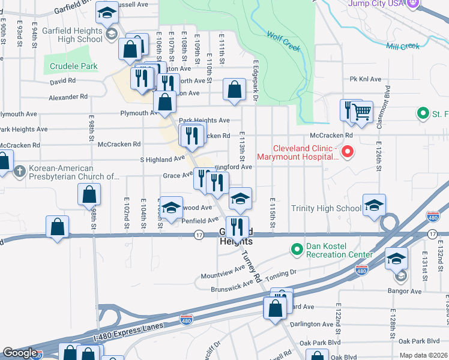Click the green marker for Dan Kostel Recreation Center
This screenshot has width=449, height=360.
(296, 248)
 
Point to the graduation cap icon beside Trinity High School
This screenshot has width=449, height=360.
(374, 205)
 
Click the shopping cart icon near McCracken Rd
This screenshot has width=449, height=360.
(361, 111)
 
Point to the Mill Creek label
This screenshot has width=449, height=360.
(403, 46)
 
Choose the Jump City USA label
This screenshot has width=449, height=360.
(375, 4)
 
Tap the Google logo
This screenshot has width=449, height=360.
(20, 353)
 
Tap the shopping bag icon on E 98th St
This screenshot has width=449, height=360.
(89, 194)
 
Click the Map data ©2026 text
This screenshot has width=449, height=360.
(423, 355)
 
